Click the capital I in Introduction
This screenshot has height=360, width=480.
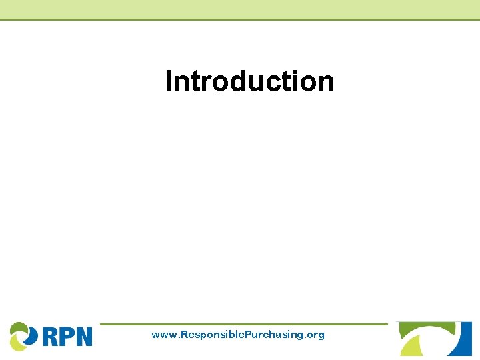tap(169, 81)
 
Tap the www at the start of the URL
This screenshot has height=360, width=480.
tap(163, 335)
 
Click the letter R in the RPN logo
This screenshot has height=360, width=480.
tap(51, 335)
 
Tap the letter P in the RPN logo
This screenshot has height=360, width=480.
tap(67, 335)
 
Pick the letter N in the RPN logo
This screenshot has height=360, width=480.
tap(83, 335)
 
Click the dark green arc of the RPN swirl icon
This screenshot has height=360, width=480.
tap(18, 327)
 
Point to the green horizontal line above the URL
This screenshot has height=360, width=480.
tap(243, 325)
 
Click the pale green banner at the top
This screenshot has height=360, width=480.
tap(240, 9)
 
